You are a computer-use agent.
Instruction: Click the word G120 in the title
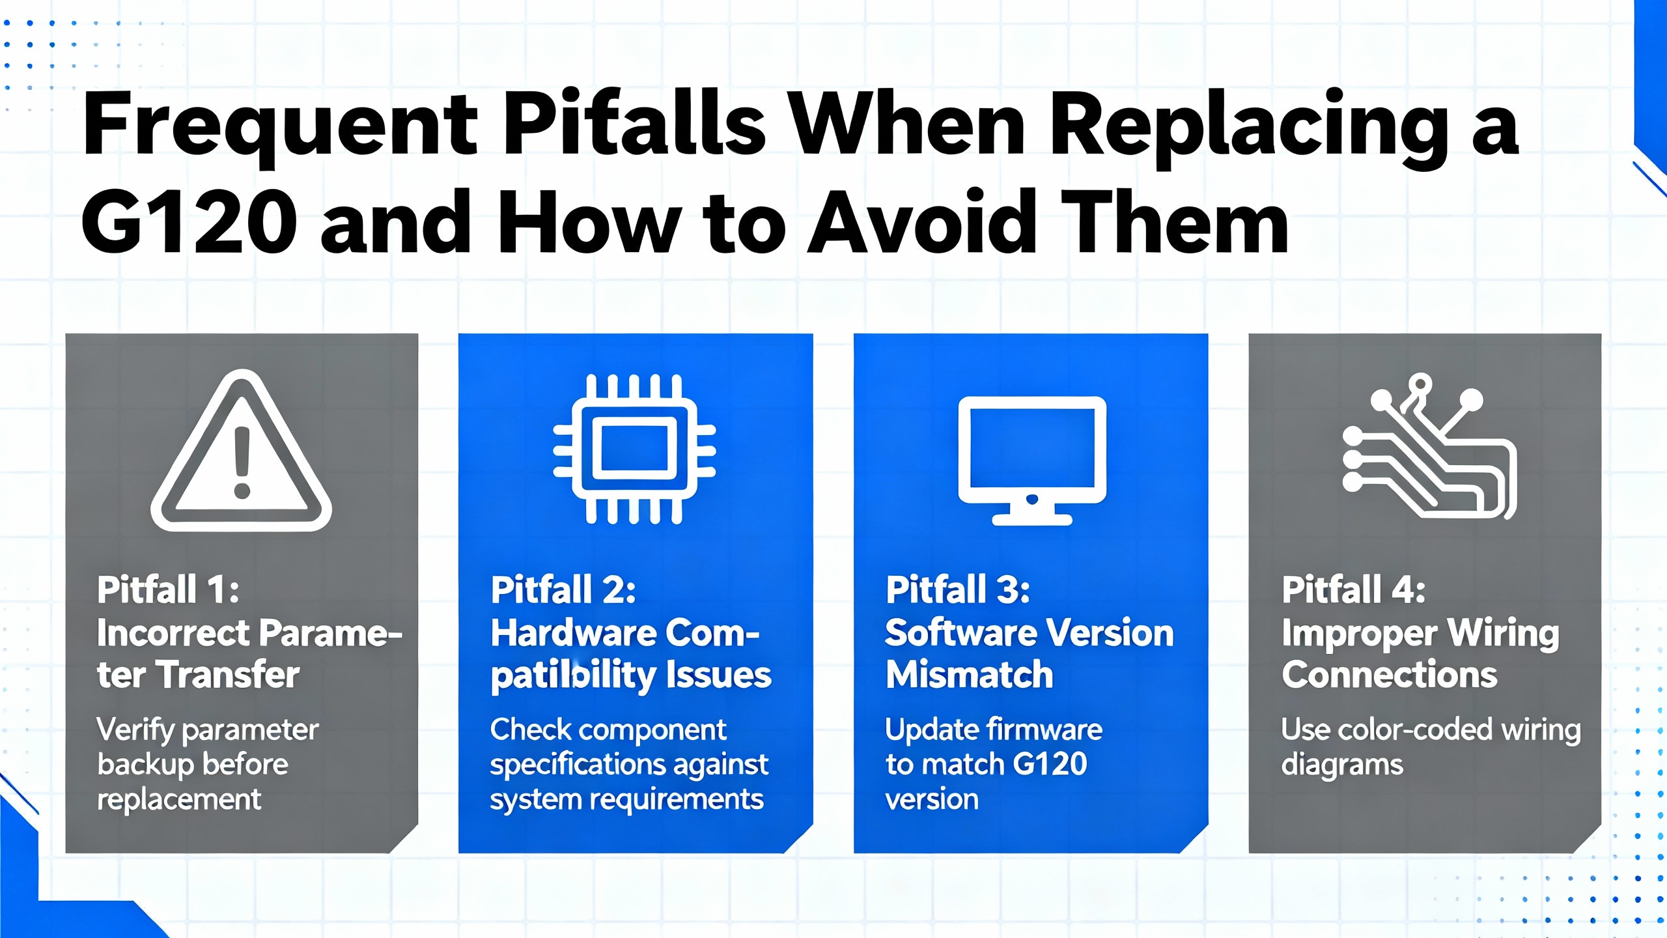pos(189,222)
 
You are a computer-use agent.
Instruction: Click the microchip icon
pos(634,449)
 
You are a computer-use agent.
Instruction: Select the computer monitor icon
pos(1031,461)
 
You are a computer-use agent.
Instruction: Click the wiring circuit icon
pos(1430,446)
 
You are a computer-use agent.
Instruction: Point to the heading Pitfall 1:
pos(168,590)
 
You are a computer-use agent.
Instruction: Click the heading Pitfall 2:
pos(563,590)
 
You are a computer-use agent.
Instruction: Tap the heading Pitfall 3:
pos(958,590)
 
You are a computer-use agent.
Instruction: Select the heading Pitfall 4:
pos(1354,590)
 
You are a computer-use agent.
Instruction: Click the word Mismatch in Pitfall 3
pos(969,674)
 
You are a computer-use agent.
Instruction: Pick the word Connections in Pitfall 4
pos(1390,674)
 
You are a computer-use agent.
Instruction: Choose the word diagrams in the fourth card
pos(1342,765)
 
